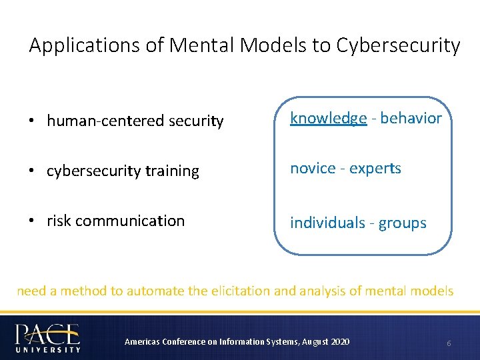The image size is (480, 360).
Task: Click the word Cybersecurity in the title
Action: coord(399,46)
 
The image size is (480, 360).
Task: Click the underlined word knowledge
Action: coord(328,119)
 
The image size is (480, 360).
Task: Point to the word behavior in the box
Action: coord(411,118)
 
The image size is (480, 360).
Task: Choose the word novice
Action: coord(313,169)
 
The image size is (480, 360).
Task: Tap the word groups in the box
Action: coord(402,223)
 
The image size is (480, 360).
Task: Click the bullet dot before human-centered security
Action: coord(33,121)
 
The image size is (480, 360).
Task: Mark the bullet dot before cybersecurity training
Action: coord(33,171)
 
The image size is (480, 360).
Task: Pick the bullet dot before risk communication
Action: coord(33,221)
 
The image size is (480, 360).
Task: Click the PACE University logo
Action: coord(48,337)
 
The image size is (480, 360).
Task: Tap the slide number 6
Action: coord(449,343)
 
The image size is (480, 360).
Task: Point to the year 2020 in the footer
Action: coord(339,342)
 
